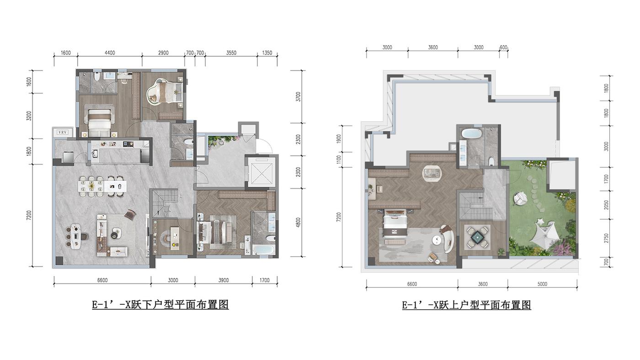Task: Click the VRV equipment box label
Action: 62,132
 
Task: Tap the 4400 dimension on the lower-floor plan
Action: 110,53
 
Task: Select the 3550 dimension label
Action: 231,53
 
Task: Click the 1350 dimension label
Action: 267,53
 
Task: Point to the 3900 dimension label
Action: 224,280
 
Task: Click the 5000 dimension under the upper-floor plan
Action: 542,284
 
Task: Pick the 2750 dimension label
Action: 606,238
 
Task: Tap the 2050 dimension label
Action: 606,205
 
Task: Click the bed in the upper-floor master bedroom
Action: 395,223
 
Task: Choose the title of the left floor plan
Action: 160,305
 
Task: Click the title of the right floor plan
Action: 466,305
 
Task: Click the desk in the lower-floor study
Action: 175,238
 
